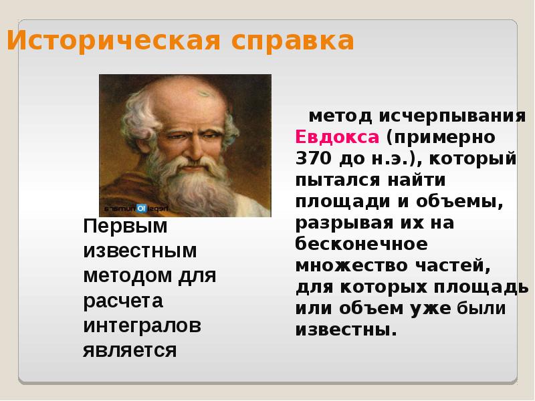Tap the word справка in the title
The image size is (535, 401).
click(293, 41)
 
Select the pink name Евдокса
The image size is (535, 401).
click(337, 138)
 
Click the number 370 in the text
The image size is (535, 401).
click(310, 159)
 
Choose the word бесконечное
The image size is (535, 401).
click(361, 243)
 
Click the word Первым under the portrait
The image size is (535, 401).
click(125, 227)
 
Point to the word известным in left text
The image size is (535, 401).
click(140, 251)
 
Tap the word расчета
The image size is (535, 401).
click(123, 301)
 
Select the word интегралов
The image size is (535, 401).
click(142, 325)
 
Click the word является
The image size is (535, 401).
click(130, 350)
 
